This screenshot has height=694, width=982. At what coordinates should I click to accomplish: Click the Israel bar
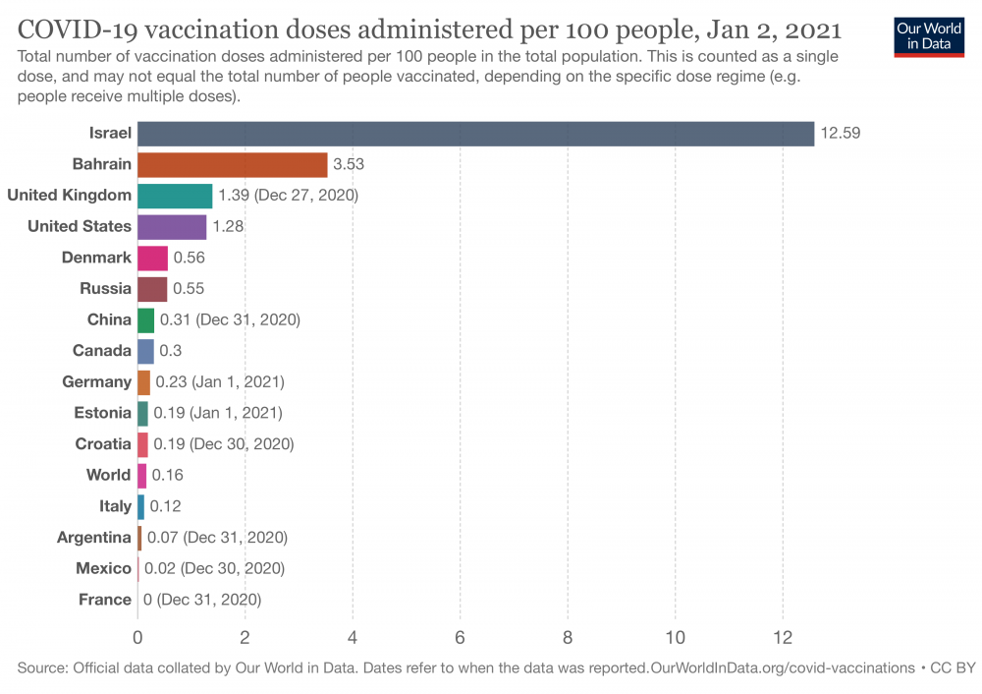click(x=475, y=133)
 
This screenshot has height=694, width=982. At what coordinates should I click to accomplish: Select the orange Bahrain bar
click(x=232, y=164)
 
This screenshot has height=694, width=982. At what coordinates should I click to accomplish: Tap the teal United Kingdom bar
click(x=175, y=196)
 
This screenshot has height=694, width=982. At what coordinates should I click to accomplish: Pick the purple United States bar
click(x=172, y=227)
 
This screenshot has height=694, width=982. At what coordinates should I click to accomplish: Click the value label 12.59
click(x=841, y=133)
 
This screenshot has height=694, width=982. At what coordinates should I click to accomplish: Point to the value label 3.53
click(x=349, y=164)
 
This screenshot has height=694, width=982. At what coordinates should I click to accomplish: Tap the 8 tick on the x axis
click(x=568, y=636)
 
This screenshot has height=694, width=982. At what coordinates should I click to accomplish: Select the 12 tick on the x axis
click(x=783, y=636)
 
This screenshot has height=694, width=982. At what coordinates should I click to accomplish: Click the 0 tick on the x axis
click(x=137, y=636)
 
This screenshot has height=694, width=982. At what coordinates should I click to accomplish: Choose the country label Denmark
click(x=96, y=258)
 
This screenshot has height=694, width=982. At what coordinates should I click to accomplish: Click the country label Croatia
click(x=103, y=444)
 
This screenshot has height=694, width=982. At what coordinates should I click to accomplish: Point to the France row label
click(x=106, y=600)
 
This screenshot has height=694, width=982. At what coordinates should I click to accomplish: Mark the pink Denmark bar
click(x=152, y=258)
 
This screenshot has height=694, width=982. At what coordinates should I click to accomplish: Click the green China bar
click(x=145, y=319)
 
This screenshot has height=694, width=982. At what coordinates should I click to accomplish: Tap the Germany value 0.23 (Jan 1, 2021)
click(x=220, y=382)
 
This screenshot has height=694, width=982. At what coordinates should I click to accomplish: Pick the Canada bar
click(x=145, y=351)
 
